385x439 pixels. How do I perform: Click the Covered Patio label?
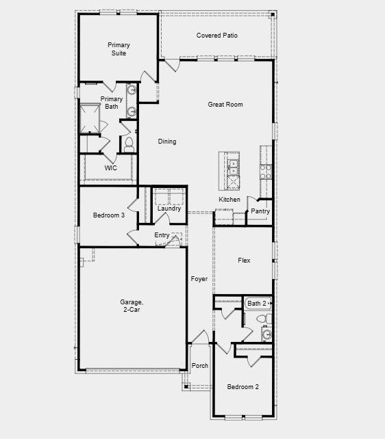pyautogui.click(x=216, y=36)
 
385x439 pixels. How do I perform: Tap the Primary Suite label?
pyautogui.click(x=119, y=49)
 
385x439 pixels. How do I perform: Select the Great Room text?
pyautogui.click(x=225, y=105)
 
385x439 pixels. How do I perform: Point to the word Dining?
pyautogui.click(x=167, y=142)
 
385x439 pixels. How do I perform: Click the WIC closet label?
pyautogui.click(x=110, y=168)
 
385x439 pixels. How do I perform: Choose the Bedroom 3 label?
pyautogui.click(x=109, y=215)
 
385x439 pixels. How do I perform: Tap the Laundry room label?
pyautogui.click(x=169, y=209)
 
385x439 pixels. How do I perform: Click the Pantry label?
pyautogui.click(x=260, y=211)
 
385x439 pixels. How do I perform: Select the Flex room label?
pyautogui.click(x=244, y=261)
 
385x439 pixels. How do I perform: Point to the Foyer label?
pyautogui.click(x=199, y=279)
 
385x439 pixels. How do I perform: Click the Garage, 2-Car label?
pyautogui.click(x=132, y=306)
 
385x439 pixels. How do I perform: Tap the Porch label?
pyautogui.click(x=199, y=366)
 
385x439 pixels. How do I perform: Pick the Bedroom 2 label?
pyautogui.click(x=243, y=387)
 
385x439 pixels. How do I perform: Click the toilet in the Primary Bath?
pyautogui.click(x=129, y=144)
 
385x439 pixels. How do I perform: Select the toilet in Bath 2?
pyautogui.click(x=264, y=319)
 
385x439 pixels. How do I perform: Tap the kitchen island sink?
pyautogui.click(x=233, y=167)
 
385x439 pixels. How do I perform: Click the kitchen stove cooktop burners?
pyautogui.click(x=266, y=172)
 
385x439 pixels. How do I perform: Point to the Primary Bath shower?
pyautogui.click(x=90, y=118)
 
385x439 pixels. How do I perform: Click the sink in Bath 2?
pyautogui.click(x=267, y=334)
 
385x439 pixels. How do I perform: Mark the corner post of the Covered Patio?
pyautogui.click(x=273, y=14)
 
